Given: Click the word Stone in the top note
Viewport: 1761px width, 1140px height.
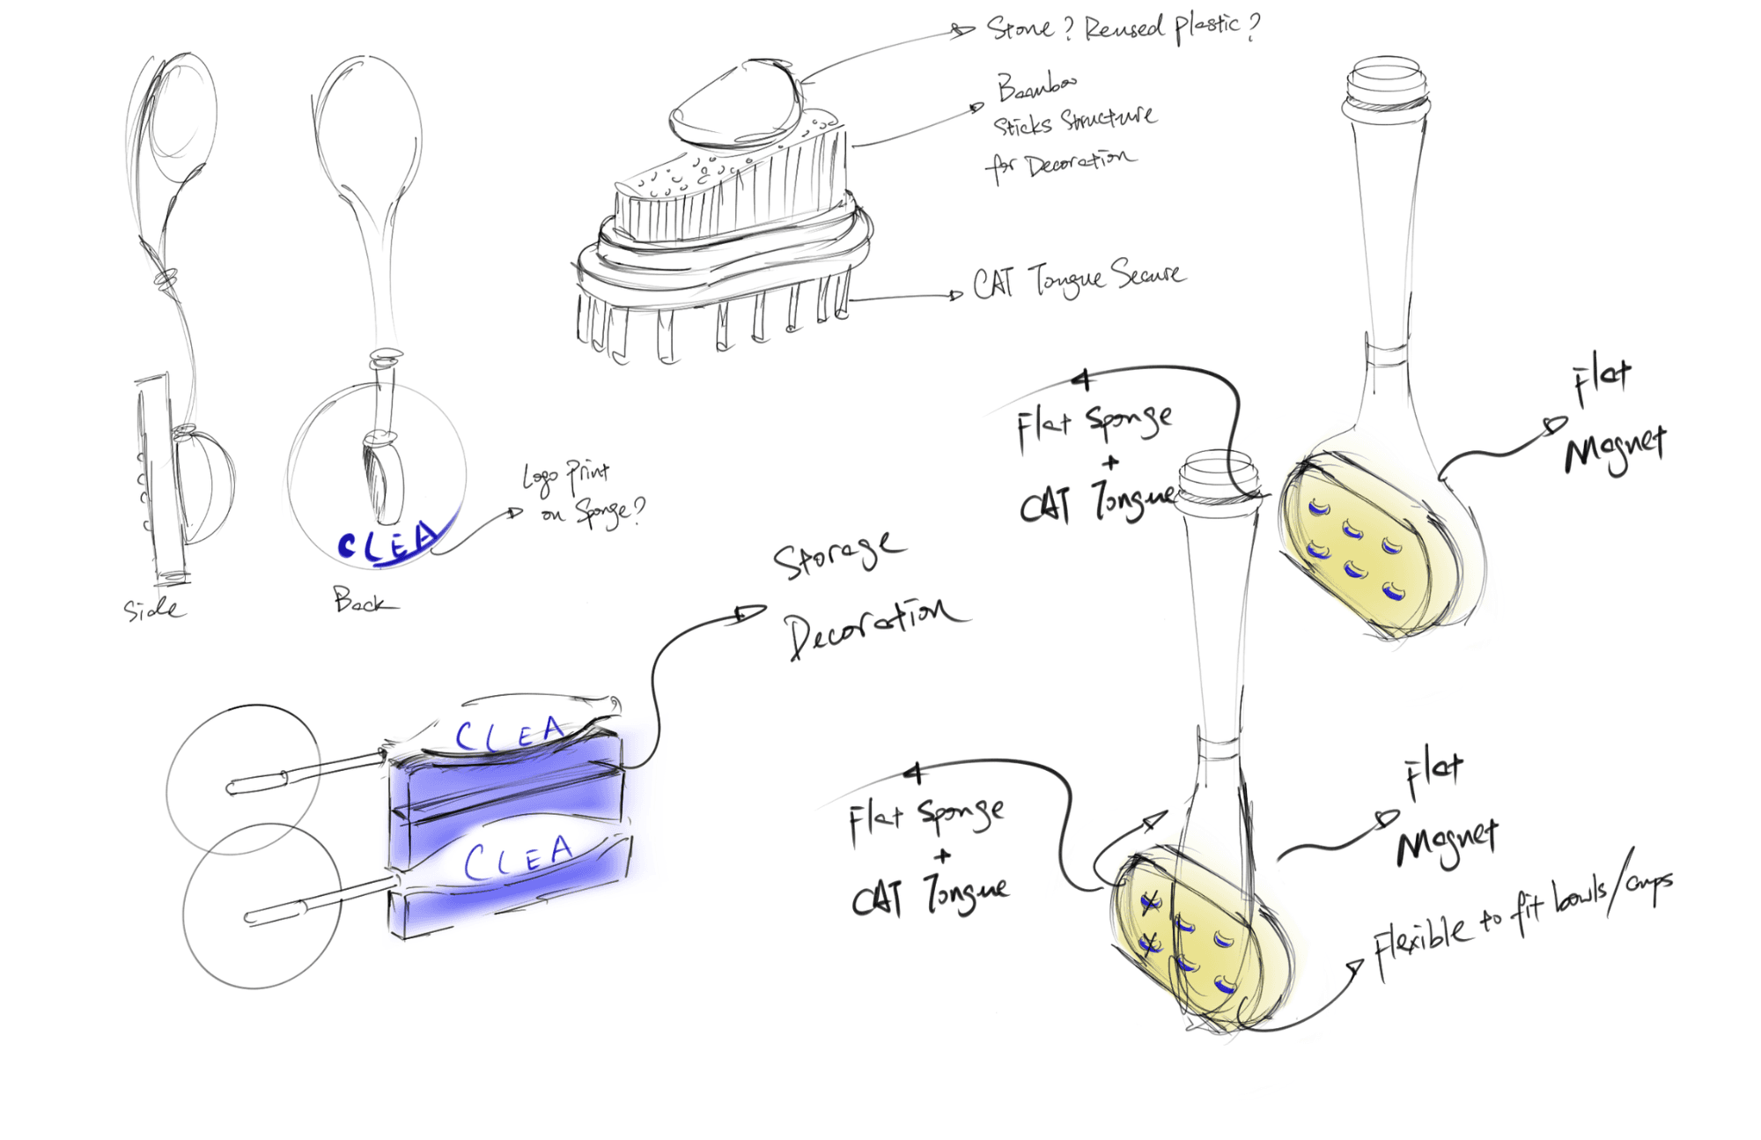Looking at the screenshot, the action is click(1019, 28).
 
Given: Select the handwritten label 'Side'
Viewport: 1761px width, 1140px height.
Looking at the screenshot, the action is click(153, 608).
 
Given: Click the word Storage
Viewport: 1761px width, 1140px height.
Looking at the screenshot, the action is click(836, 556).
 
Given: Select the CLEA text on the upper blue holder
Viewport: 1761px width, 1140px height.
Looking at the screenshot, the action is click(508, 733).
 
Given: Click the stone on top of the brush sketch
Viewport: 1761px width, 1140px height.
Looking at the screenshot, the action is click(736, 104).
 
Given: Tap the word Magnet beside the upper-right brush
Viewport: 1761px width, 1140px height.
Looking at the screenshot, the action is click(1615, 448).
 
